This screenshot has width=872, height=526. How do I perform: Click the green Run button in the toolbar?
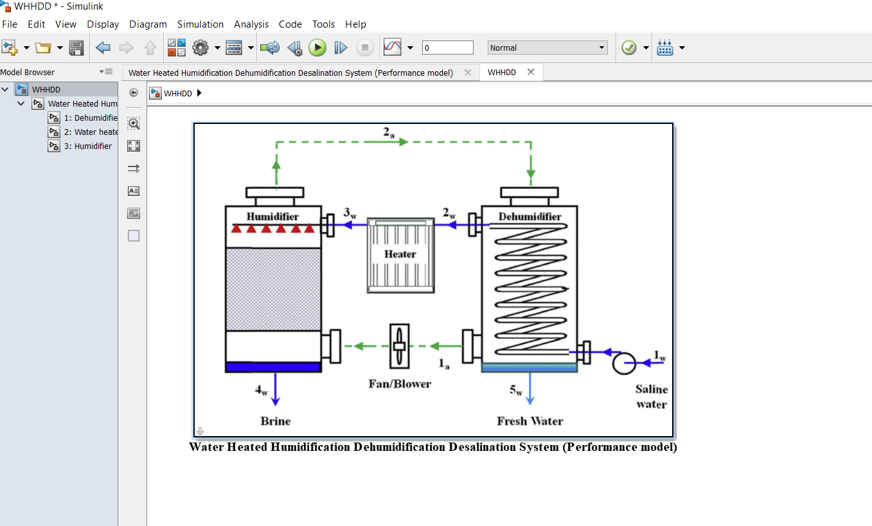click(x=317, y=48)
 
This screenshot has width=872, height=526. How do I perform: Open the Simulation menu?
click(x=200, y=24)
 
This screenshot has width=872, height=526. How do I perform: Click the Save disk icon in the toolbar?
click(x=76, y=48)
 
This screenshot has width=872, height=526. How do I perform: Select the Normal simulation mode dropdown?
click(x=547, y=48)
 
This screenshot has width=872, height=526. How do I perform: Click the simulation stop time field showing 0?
click(x=447, y=48)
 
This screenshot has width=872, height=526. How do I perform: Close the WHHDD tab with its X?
click(x=531, y=72)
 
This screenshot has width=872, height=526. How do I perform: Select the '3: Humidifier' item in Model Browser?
click(x=87, y=146)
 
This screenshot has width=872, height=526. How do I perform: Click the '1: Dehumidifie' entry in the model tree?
click(x=90, y=118)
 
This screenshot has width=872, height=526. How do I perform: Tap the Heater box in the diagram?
click(x=400, y=255)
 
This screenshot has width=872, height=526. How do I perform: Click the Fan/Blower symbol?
click(x=400, y=346)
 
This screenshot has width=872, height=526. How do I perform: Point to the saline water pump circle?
click(x=623, y=363)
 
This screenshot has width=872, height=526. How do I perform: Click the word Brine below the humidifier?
click(x=276, y=421)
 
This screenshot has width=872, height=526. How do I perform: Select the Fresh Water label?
click(x=529, y=421)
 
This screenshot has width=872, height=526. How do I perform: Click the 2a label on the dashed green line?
click(x=389, y=133)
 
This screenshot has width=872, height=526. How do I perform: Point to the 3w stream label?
click(x=350, y=213)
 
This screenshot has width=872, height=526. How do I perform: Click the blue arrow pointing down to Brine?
click(x=276, y=389)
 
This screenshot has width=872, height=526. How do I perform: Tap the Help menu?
click(x=355, y=24)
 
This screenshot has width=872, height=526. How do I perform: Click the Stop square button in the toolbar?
click(x=364, y=48)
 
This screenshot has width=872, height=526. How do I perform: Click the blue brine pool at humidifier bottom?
click(x=273, y=367)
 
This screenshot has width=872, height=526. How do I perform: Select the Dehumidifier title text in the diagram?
click(x=529, y=217)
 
